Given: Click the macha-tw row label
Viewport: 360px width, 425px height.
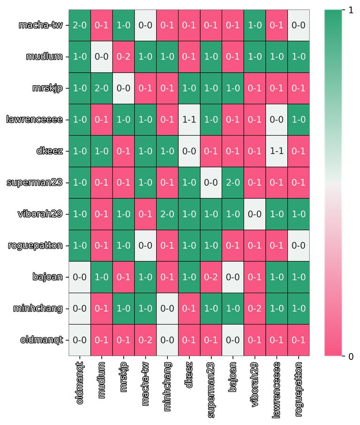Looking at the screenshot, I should tap(40, 25).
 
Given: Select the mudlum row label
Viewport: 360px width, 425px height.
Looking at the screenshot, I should tap(45, 57).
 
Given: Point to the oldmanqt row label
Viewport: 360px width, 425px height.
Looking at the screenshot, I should tap(41, 340).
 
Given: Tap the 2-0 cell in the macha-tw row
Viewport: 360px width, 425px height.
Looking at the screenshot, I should tap(80, 25).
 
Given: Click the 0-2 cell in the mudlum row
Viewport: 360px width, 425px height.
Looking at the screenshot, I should tap(123, 57).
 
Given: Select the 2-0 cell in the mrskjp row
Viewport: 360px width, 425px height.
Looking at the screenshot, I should tap(102, 88).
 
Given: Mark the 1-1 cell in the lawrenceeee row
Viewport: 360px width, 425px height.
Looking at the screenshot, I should tap(189, 120).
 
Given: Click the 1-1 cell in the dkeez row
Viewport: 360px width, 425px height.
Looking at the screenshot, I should tap(277, 151).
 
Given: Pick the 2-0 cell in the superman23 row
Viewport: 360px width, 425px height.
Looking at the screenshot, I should tap(233, 182).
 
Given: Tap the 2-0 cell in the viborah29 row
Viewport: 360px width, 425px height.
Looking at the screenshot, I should tap(167, 214).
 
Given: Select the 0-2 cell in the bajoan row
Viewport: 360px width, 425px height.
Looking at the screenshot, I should tap(211, 277).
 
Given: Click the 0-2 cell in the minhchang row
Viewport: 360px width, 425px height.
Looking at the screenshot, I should tap(255, 308).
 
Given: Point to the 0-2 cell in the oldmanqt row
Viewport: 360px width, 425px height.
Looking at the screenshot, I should tap(145, 340).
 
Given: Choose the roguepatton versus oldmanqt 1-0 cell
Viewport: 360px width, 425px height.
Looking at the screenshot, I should tap(80, 245).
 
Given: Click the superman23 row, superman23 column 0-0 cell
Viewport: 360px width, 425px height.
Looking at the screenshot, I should tap(211, 182).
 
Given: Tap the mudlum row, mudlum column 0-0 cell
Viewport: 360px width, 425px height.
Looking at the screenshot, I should tap(102, 57).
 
